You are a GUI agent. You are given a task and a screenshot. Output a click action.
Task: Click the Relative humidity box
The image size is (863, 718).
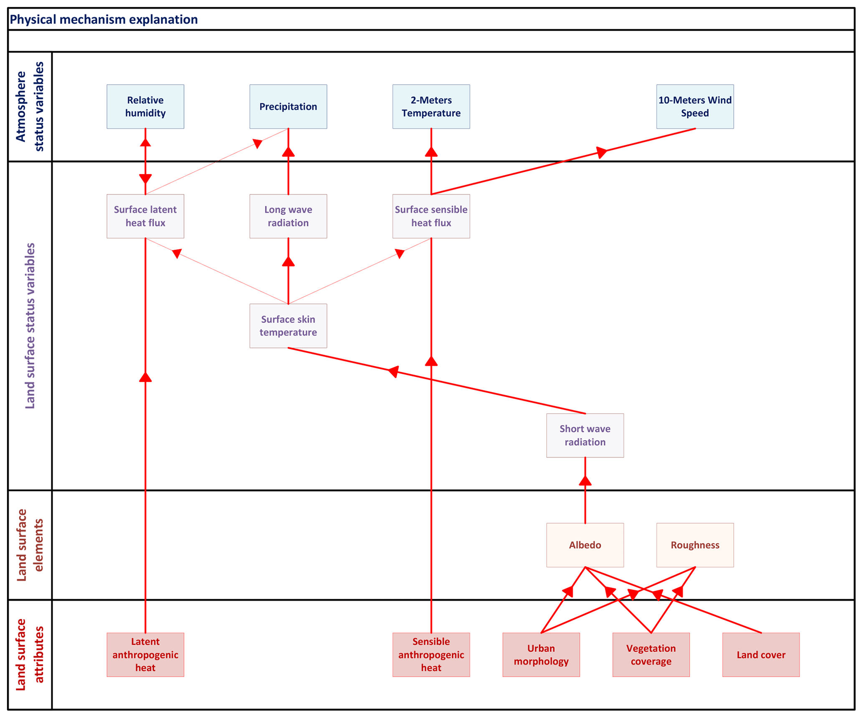pyautogui.click(x=145, y=106)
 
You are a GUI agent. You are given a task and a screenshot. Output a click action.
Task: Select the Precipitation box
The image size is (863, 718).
pyautogui.click(x=288, y=106)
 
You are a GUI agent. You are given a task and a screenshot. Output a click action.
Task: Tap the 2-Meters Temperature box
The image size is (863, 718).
pyautogui.click(x=431, y=106)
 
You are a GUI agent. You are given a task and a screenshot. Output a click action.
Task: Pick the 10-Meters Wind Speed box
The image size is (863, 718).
pyautogui.click(x=695, y=106)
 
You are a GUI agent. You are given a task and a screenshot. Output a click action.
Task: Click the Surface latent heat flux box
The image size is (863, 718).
pyautogui.click(x=145, y=216)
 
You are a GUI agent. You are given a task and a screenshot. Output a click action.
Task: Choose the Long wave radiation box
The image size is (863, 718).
pyautogui.click(x=288, y=216)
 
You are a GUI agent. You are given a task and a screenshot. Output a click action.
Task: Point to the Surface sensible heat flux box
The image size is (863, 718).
pyautogui.click(x=431, y=216)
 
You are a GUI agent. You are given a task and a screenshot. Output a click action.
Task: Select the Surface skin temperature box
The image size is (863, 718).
pyautogui.click(x=288, y=326)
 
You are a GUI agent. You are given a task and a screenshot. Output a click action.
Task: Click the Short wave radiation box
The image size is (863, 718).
pyautogui.click(x=585, y=435)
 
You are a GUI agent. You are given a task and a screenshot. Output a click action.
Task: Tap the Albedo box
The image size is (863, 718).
pyautogui.click(x=585, y=545)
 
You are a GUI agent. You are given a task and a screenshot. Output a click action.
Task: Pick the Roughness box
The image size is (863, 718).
pyautogui.click(x=695, y=545)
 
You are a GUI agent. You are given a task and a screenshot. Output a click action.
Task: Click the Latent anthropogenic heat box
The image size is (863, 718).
pyautogui.click(x=145, y=655)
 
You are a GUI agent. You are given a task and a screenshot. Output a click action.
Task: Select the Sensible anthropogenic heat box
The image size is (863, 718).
pyautogui.click(x=431, y=655)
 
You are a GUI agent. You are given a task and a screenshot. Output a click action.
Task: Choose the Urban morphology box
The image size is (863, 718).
pyautogui.click(x=541, y=655)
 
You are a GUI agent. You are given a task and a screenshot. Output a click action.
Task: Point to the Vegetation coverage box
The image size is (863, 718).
pyautogui.click(x=651, y=655)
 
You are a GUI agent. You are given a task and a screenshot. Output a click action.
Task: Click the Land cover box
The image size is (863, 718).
pyautogui.click(x=761, y=655)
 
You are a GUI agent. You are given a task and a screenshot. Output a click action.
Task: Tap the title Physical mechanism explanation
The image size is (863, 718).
pyautogui.click(x=104, y=20)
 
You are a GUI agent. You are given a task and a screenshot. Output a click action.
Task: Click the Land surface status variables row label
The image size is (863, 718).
pyautogui.click(x=30, y=326)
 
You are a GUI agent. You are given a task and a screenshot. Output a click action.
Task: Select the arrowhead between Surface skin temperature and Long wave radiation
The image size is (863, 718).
pyautogui.click(x=288, y=262)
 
